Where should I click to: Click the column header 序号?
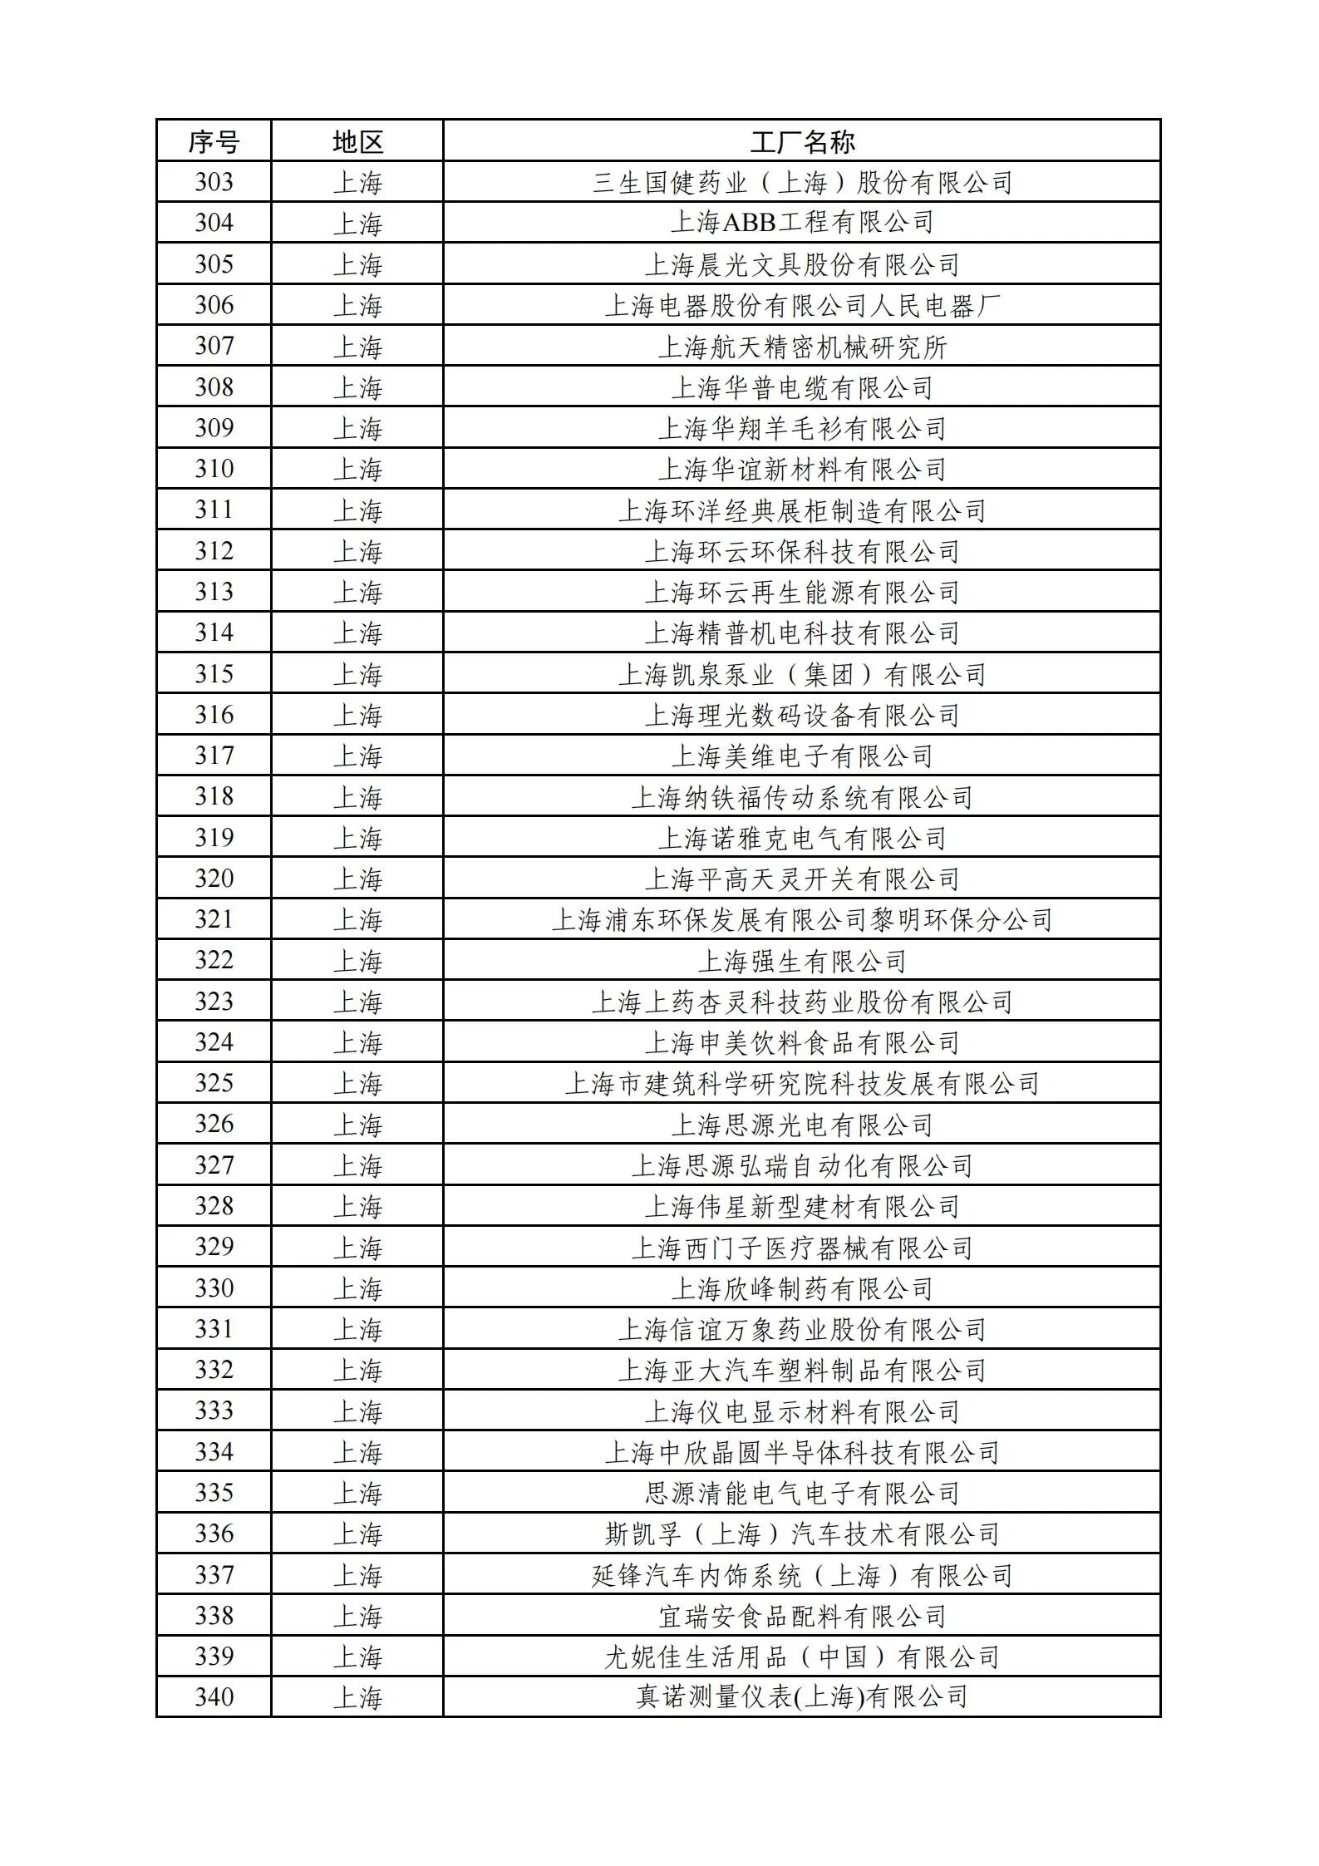pos(214,141)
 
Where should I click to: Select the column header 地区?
pos(357,141)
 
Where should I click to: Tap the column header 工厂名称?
pos(802,141)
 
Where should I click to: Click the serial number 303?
pos(214,182)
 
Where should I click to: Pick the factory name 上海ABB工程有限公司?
pos(802,223)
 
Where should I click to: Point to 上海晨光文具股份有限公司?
pos(802,264)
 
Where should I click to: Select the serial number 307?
pos(214,346)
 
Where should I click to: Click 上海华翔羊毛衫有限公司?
pos(802,428)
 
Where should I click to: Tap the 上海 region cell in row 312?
pos(357,551)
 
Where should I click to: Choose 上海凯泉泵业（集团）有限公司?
pos(802,674)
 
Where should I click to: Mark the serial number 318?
pos(214,796)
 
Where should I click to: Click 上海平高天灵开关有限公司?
pos(802,879)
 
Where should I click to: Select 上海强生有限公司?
pos(802,961)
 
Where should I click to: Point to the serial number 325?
pos(214,1083)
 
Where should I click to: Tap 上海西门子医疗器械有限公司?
pos(802,1248)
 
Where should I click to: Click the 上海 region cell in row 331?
pos(357,1329)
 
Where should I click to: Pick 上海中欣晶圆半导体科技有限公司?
pos(802,1452)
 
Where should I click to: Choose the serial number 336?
pos(214,1534)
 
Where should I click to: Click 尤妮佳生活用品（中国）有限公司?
pos(802,1657)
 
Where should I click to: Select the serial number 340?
pos(214,1696)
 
